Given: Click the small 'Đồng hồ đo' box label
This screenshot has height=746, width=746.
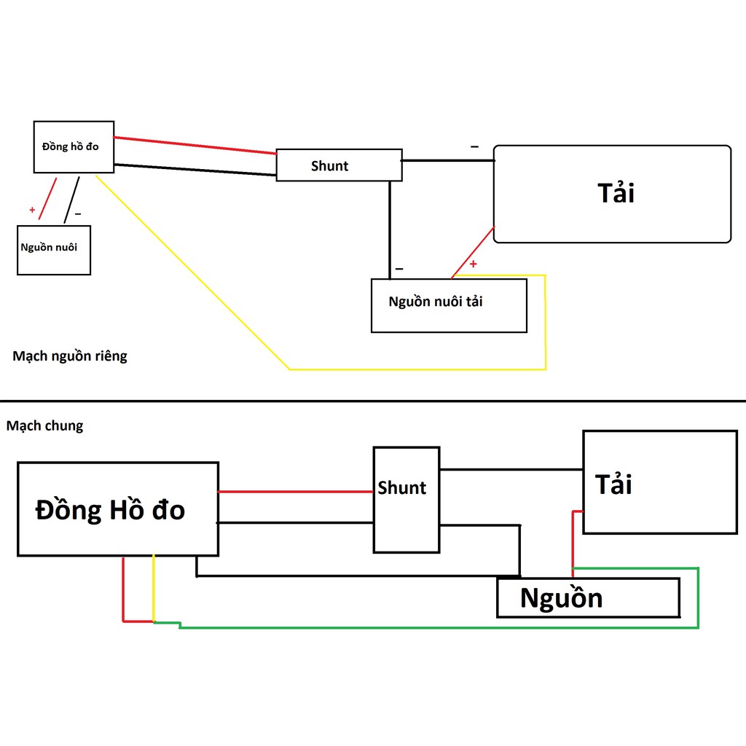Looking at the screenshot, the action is click(71, 146).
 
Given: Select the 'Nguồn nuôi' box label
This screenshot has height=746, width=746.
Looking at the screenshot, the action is click(49, 247).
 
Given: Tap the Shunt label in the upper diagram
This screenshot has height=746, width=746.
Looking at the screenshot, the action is click(329, 165).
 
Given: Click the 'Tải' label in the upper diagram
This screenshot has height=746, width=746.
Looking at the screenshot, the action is click(616, 192).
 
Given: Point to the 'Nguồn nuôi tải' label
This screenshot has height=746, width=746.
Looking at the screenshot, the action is click(436, 301).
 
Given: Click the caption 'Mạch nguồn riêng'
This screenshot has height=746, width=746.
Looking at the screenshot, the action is click(70, 356).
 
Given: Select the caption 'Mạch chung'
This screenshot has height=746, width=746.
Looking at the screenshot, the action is click(44, 425).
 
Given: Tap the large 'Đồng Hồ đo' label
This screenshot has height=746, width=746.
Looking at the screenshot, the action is click(110, 509).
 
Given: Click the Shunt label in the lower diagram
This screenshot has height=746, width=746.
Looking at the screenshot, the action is click(401, 487).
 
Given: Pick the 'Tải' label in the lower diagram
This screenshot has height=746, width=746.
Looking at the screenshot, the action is click(613, 484).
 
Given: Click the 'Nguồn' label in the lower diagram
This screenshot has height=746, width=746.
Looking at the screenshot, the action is click(562, 597).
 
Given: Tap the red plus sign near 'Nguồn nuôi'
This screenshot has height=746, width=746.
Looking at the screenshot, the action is click(32, 210).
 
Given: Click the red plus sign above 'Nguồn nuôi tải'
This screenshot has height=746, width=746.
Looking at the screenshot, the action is click(473, 264).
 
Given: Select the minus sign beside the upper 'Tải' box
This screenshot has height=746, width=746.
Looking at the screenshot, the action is click(474, 146).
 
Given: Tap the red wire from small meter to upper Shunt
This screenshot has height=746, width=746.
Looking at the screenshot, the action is click(195, 145).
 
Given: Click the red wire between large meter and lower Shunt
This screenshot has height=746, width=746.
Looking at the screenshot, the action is click(296, 492).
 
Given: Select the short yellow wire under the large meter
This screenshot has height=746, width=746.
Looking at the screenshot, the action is click(153, 588).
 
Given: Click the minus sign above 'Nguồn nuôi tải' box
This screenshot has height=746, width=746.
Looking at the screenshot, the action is click(399, 269).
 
